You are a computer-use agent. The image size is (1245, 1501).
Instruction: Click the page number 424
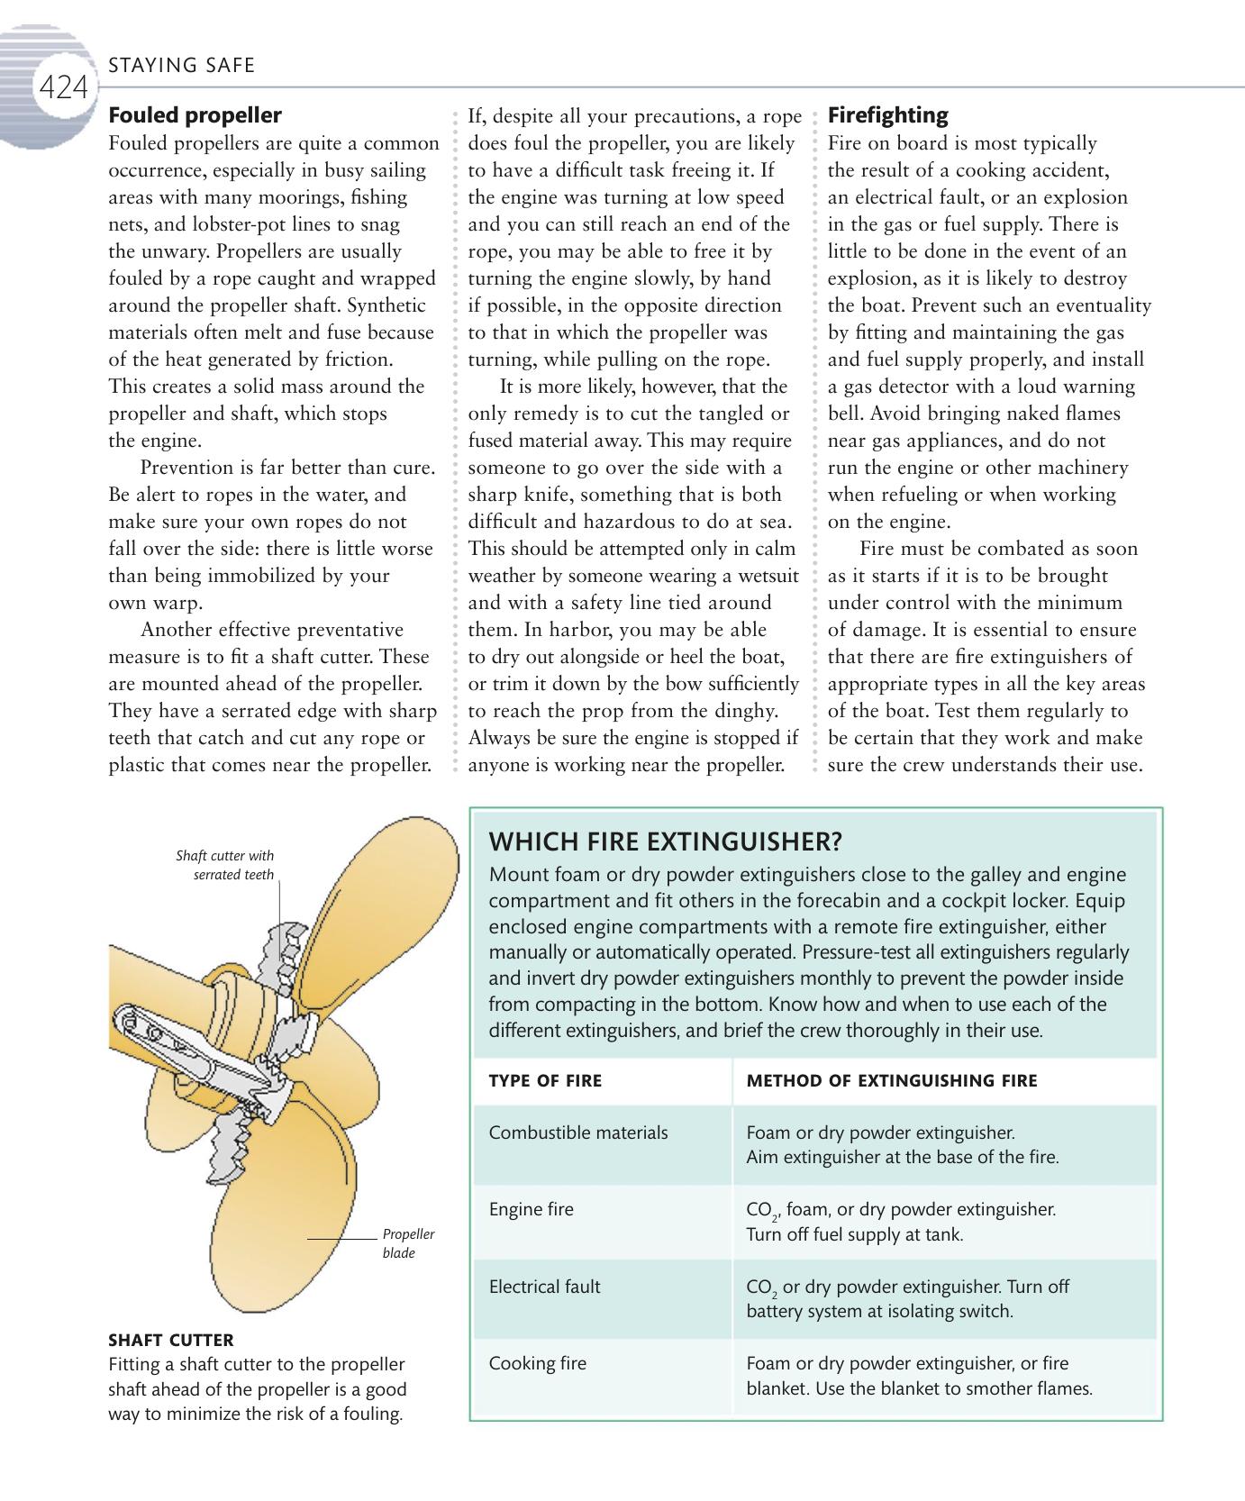63,88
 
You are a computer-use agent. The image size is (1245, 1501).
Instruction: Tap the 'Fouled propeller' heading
195,115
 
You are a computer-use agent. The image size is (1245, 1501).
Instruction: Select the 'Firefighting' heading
887,115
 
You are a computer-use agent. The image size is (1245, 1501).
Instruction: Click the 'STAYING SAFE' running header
181,65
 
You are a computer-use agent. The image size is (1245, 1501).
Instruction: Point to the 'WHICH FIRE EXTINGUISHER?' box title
665,842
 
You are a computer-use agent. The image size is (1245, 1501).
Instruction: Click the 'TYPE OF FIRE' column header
545,1081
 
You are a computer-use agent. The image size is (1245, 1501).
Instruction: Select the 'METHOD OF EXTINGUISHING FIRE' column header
891,1081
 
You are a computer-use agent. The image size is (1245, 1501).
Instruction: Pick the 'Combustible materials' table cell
578,1133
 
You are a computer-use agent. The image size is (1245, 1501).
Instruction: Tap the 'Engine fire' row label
531,1210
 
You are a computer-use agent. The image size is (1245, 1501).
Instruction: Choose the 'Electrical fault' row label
544,1287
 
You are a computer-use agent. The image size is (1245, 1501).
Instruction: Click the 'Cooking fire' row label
537,1364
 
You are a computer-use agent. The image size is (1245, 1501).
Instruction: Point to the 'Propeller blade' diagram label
408,1243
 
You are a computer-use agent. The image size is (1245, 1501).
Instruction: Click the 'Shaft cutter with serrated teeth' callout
224,865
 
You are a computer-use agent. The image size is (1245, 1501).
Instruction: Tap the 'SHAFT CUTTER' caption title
170,1340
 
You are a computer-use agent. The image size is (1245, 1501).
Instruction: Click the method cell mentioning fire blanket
919,1376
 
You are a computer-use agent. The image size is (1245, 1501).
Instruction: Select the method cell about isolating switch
907,1299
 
